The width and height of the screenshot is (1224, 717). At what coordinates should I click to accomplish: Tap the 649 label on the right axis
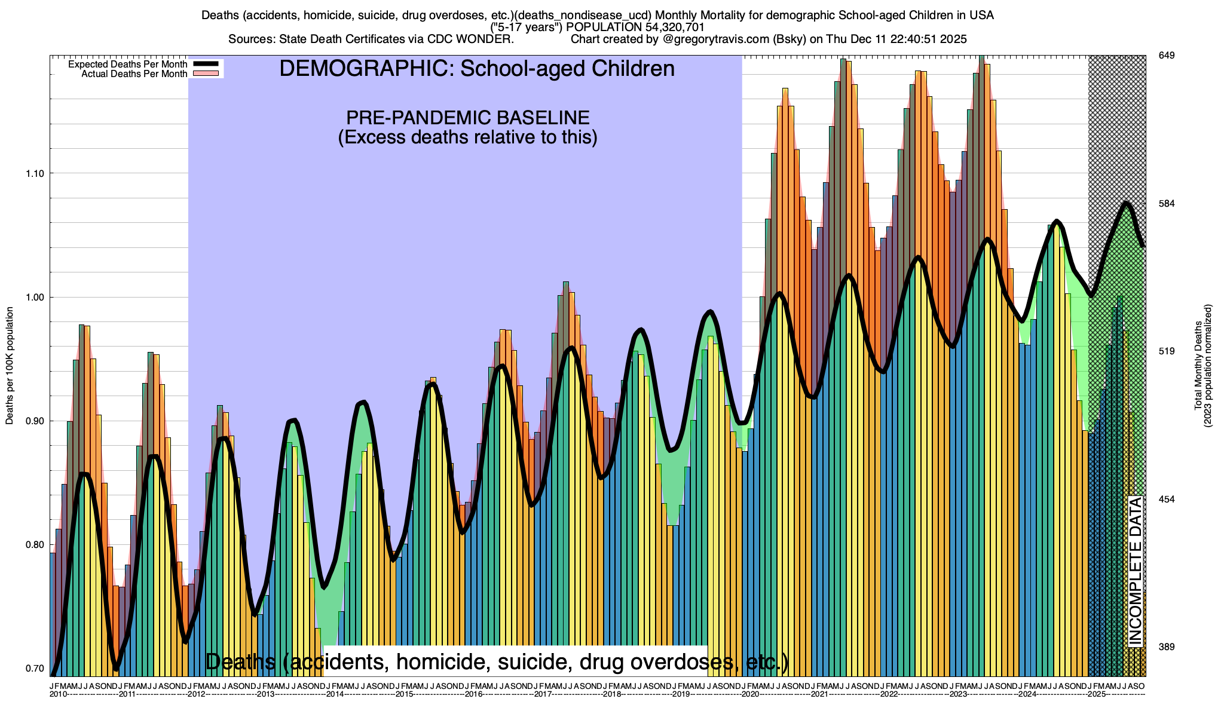1167,56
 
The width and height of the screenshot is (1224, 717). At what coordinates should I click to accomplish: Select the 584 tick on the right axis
1167,204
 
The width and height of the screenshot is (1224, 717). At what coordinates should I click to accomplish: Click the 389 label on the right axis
1167,647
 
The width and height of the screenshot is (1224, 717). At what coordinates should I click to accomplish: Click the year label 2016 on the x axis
474,694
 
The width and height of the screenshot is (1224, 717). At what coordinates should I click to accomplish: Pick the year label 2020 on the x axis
751,694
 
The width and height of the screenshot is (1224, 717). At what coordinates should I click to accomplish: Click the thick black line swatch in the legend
205,65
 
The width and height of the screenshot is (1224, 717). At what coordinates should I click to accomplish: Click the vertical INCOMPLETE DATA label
1135,571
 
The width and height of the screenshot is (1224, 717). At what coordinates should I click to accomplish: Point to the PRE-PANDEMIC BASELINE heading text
468,118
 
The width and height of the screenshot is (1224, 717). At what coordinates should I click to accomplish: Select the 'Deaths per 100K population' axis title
10,366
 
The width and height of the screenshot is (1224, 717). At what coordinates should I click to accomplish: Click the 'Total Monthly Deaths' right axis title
1198,366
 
